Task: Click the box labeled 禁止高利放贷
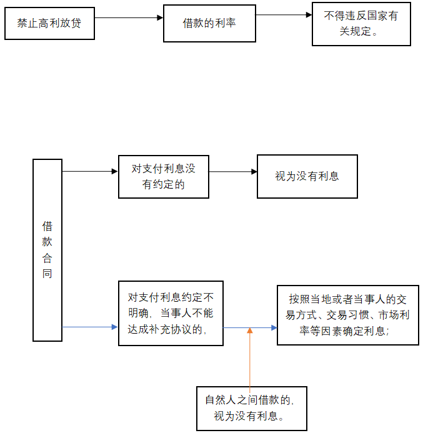click(x=49, y=24)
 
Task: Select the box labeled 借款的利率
click(x=209, y=24)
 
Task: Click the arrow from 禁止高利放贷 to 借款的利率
click(x=129, y=18)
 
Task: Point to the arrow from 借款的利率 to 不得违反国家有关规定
click(x=284, y=14)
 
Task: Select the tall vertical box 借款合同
click(x=47, y=250)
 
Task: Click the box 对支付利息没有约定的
click(x=164, y=177)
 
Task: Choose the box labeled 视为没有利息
click(x=307, y=177)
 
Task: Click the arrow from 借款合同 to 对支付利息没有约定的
click(x=90, y=171)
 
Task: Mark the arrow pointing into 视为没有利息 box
click(x=233, y=172)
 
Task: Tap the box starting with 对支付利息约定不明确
click(x=171, y=313)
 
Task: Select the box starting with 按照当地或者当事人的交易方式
click(x=347, y=315)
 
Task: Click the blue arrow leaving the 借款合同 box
click(x=90, y=327)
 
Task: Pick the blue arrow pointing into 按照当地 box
click(x=250, y=327)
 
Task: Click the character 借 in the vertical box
click(x=47, y=226)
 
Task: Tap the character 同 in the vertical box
click(x=47, y=274)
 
